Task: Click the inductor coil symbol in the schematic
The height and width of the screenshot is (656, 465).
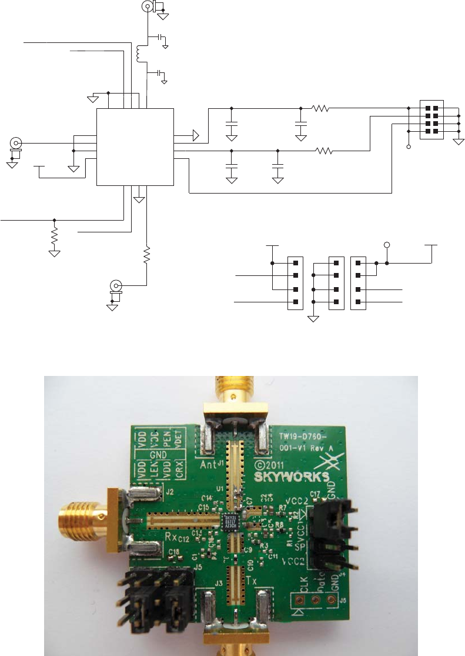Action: (140, 54)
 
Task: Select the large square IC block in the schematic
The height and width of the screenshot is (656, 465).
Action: (135, 146)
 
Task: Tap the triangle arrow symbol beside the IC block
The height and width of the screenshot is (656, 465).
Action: (194, 136)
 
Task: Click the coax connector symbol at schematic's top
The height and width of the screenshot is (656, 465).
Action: (147, 6)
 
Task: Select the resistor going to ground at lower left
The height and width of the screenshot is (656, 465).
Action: (54, 237)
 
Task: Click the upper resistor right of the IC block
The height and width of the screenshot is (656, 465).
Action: (320, 108)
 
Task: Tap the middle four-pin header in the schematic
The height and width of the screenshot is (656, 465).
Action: (336, 283)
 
